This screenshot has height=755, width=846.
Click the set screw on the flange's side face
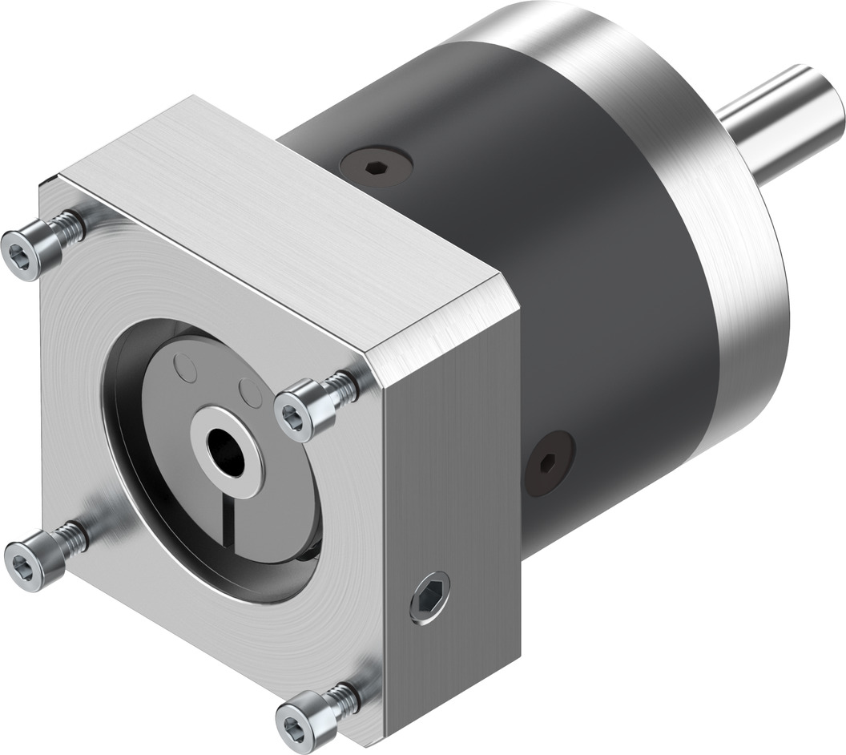click(x=429, y=598)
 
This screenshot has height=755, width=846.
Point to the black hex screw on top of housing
click(x=375, y=168)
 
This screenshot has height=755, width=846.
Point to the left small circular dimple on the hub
click(x=186, y=369)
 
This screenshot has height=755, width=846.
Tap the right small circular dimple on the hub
click(x=251, y=393)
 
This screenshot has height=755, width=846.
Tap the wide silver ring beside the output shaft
click(x=721, y=264)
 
